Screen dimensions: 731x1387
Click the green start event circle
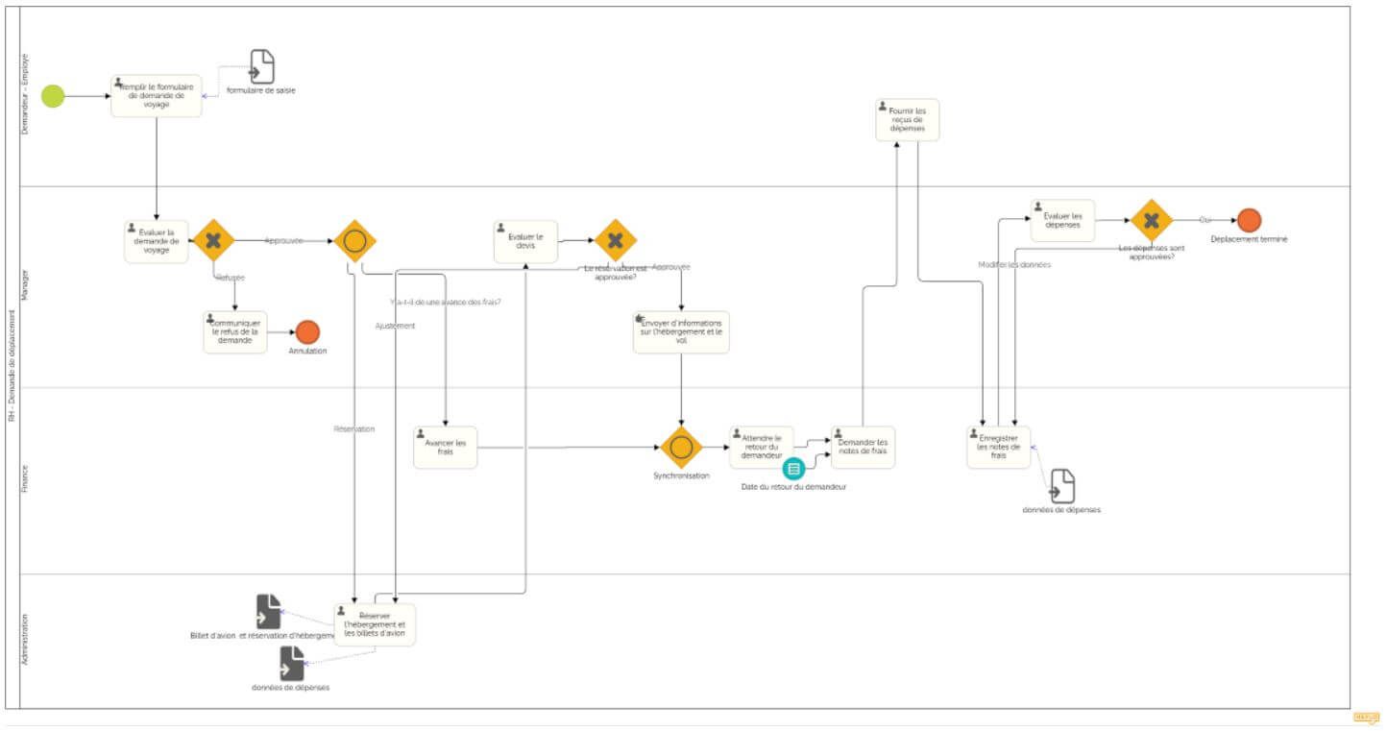[x=53, y=96]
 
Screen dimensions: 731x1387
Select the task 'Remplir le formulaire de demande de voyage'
[x=157, y=96]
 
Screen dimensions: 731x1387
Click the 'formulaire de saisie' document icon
[x=261, y=67]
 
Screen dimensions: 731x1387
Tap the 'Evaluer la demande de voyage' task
[x=157, y=241]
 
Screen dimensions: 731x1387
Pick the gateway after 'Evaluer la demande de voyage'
[x=213, y=240]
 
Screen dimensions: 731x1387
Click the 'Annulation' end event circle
[x=307, y=332]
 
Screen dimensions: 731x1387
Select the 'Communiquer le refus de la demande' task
[x=235, y=332]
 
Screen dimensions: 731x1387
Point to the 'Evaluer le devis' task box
[x=525, y=241]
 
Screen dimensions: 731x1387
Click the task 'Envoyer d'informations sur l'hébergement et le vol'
[x=681, y=332]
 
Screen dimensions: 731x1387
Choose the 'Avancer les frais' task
[x=445, y=448]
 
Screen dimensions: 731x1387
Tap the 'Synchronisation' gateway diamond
[x=681, y=448]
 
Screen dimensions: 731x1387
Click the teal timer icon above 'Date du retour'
[x=793, y=469]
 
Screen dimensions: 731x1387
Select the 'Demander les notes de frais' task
[x=863, y=448]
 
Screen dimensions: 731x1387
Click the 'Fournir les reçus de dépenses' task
[x=907, y=120]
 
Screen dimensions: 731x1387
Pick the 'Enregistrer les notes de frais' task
[x=998, y=448]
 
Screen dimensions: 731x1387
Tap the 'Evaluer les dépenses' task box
[x=1062, y=221]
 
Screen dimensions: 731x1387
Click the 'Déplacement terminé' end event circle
[x=1249, y=220]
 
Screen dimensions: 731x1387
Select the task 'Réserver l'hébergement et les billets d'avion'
[x=375, y=624]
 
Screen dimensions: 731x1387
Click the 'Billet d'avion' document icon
[x=268, y=612]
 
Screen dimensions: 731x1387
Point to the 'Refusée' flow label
[x=231, y=278]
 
